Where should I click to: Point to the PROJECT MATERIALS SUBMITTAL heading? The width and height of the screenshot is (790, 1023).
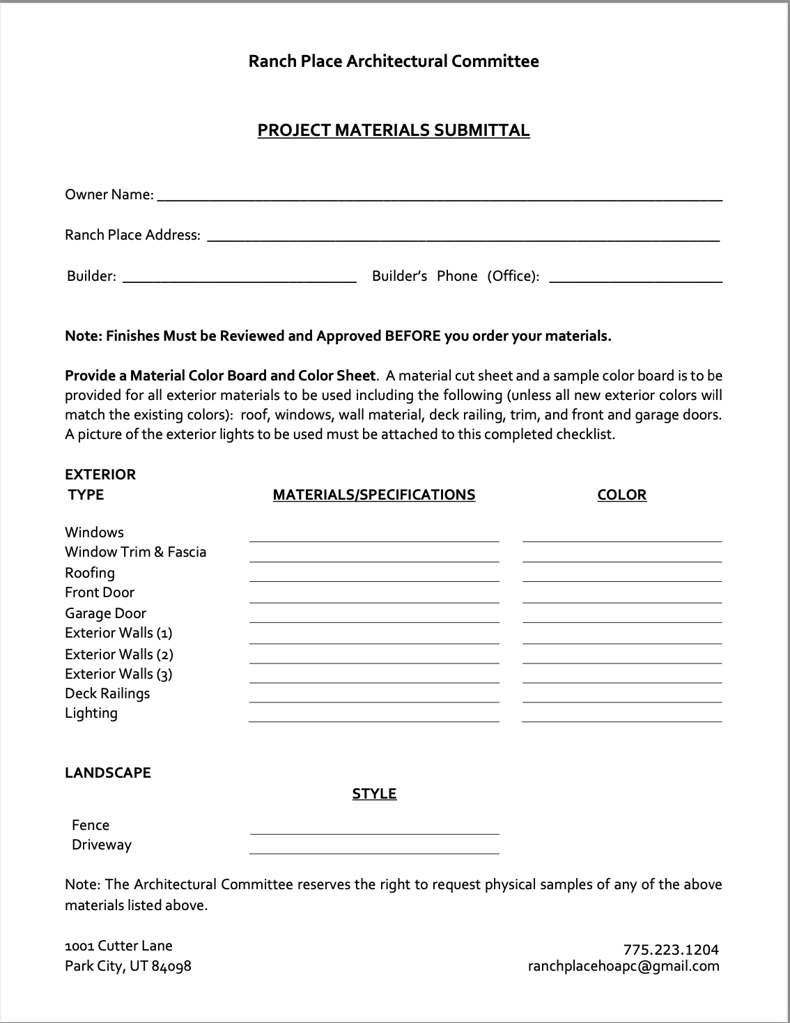coord(394,130)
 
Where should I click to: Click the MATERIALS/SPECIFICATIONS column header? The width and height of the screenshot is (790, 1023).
coord(374,495)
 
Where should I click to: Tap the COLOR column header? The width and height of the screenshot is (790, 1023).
coord(622,495)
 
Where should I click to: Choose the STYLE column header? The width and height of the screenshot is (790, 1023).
coord(374,794)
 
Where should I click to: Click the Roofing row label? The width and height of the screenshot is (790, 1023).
coord(90,573)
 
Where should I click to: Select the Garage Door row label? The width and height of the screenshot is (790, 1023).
coord(106,613)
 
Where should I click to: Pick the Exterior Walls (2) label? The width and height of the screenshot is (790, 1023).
coord(119,654)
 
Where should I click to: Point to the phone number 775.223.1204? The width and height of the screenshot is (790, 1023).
coord(671,949)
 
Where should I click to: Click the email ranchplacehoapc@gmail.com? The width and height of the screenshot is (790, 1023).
coord(624,966)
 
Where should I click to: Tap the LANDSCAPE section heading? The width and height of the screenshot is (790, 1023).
coord(108,773)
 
